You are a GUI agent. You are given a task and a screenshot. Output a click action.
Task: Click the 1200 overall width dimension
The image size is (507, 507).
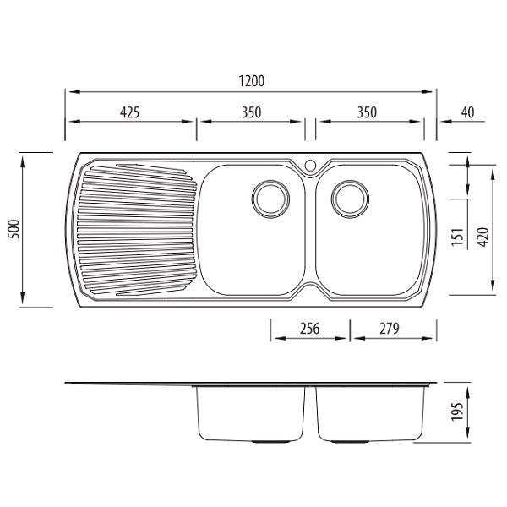click(x=252, y=81)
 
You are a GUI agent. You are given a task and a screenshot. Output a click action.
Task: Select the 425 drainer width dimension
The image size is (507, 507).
click(x=129, y=112)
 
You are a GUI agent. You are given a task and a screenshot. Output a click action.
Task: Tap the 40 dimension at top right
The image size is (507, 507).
click(x=467, y=112)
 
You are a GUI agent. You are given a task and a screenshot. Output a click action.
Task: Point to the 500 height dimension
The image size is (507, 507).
click(x=14, y=229)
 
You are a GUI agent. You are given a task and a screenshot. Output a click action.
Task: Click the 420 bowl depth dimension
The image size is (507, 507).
click(x=483, y=237)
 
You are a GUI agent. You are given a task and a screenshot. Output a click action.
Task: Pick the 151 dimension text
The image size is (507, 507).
click(x=457, y=237)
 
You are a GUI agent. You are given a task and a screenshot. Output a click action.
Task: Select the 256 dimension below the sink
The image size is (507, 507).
click(x=310, y=329)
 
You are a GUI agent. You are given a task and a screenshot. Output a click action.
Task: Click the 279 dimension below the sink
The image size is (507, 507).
click(x=390, y=329)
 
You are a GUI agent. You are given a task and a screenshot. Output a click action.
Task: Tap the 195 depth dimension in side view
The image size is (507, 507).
click(x=457, y=412)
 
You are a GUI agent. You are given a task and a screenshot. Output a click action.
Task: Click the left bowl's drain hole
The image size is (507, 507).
click(x=270, y=199)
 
